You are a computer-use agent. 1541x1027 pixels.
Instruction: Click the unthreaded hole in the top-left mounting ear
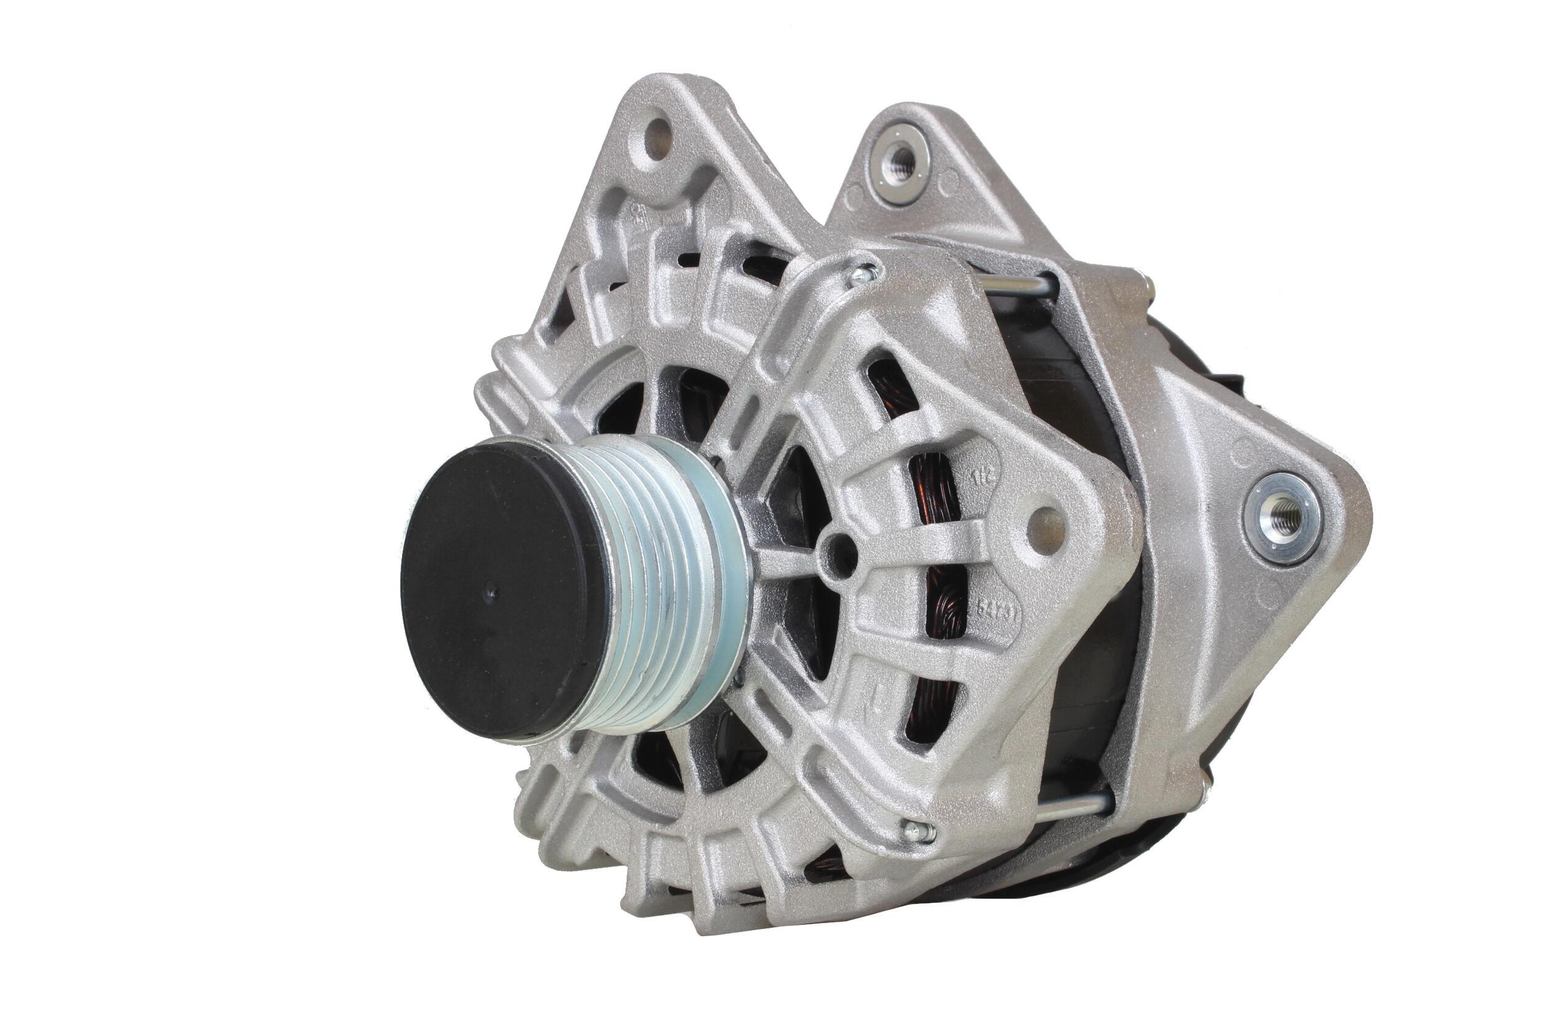(x=657, y=139)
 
